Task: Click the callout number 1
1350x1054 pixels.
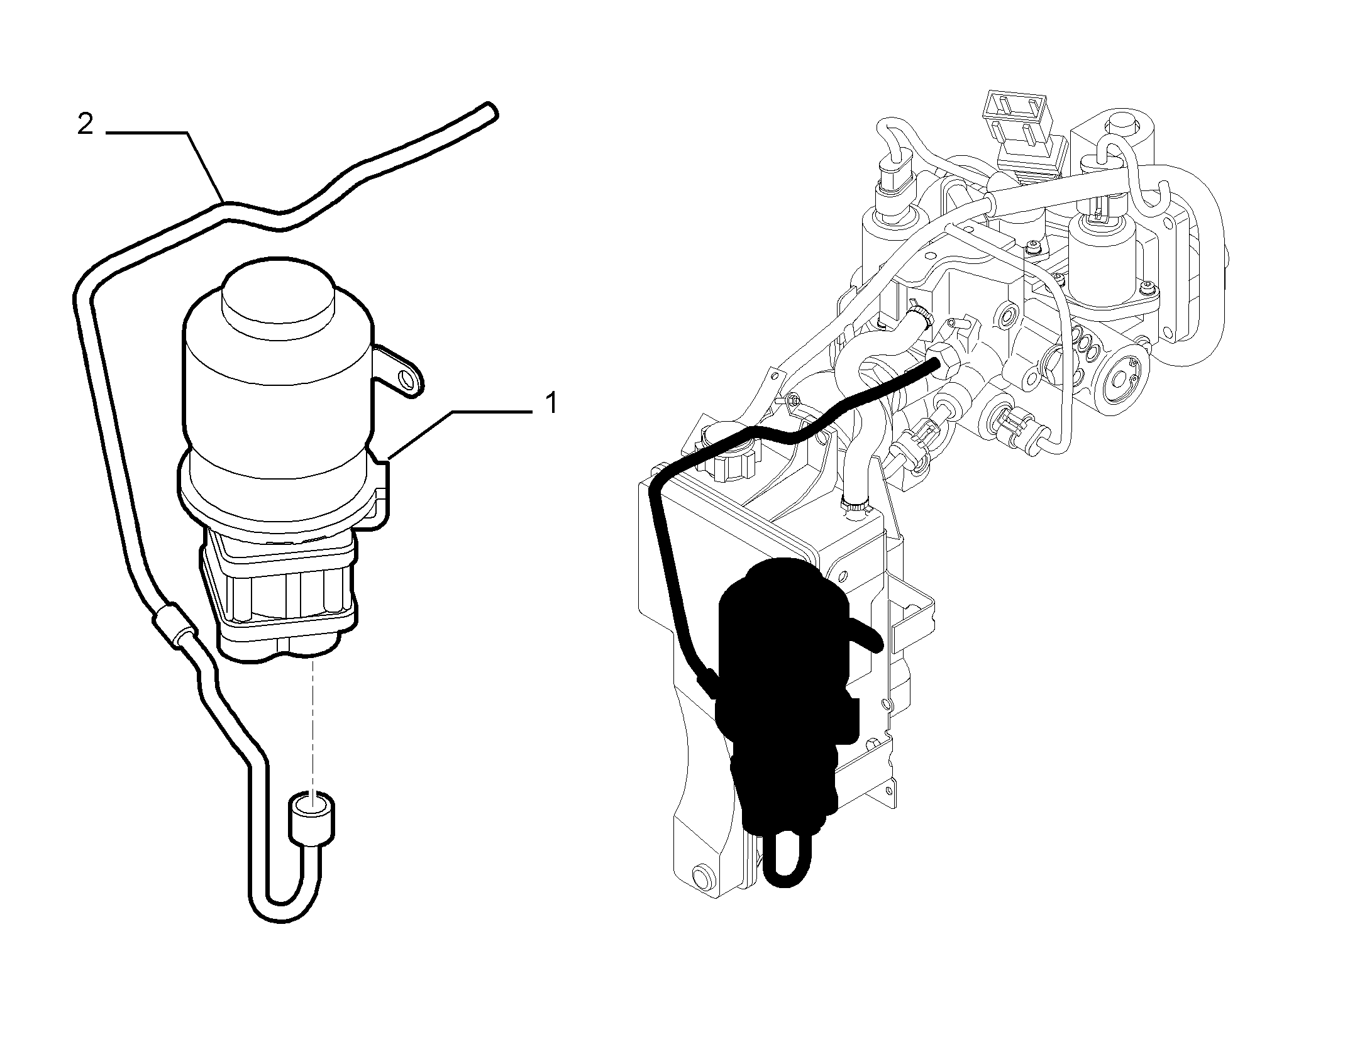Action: pyautogui.click(x=551, y=403)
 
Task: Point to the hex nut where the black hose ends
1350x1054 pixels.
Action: pyautogui.click(x=943, y=365)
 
